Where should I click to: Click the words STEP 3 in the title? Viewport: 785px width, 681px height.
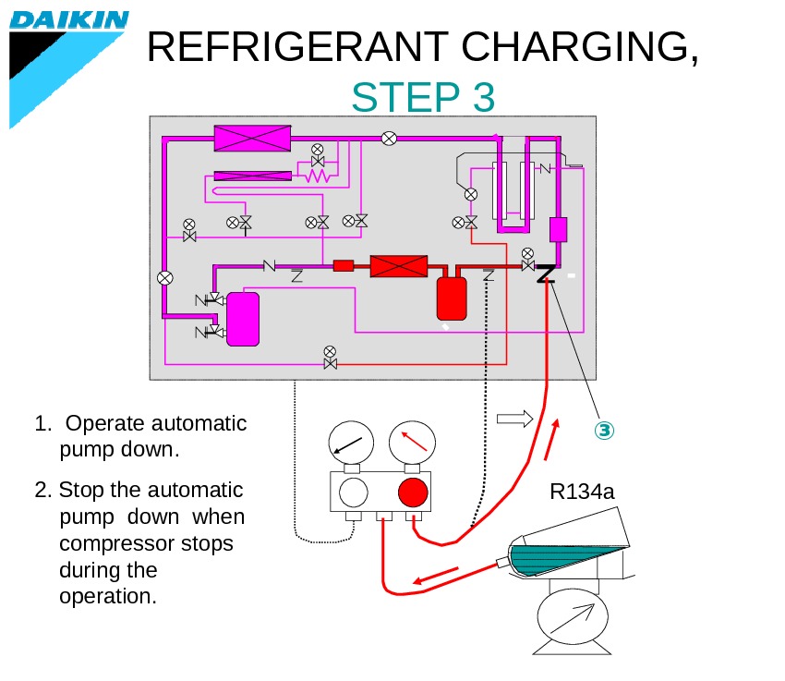tap(423, 98)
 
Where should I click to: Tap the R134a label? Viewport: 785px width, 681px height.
tap(582, 491)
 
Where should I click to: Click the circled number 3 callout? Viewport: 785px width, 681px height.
tap(603, 431)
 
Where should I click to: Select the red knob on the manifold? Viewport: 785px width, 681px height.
tap(412, 492)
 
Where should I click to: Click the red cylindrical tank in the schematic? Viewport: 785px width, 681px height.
tap(452, 296)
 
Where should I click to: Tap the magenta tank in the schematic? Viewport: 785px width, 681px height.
tap(243, 319)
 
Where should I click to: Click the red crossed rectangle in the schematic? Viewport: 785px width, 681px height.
tap(399, 266)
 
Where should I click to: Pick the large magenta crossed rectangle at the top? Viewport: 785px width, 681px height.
tap(252, 139)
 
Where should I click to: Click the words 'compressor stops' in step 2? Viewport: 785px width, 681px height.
tap(146, 543)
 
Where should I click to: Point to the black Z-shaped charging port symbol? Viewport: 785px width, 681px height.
tap(544, 273)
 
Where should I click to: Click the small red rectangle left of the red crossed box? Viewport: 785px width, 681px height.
tap(344, 266)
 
